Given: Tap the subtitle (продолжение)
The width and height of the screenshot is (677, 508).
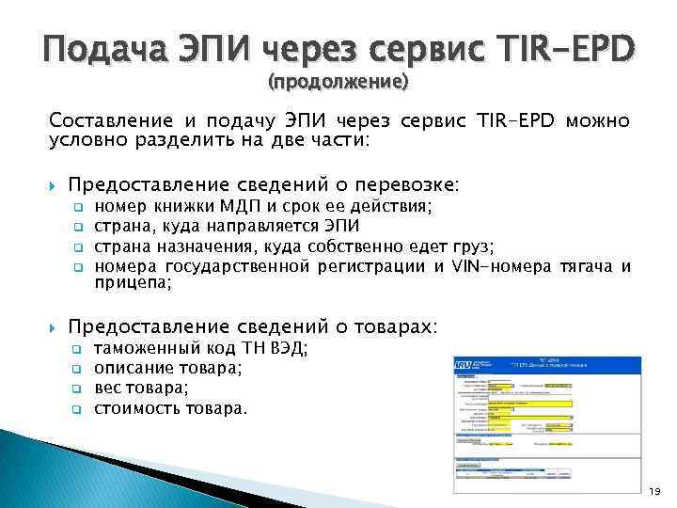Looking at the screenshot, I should pos(338,82).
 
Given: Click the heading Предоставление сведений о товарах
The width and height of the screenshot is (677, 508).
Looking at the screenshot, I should pos(252,326).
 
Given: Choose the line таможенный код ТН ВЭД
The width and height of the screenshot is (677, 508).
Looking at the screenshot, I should pos(201,350).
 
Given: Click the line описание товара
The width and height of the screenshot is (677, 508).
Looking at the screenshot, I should pos(168,369).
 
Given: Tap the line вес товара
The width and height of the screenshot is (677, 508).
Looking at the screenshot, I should pos(141,388).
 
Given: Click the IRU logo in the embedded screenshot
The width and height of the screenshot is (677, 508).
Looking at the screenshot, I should pos(464,365).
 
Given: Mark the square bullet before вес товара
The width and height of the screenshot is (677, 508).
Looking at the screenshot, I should pos(79,389).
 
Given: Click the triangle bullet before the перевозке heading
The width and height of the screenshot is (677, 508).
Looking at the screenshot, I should pos(53,184).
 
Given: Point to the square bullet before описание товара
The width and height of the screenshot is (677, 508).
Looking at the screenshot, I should pos(79,370).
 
